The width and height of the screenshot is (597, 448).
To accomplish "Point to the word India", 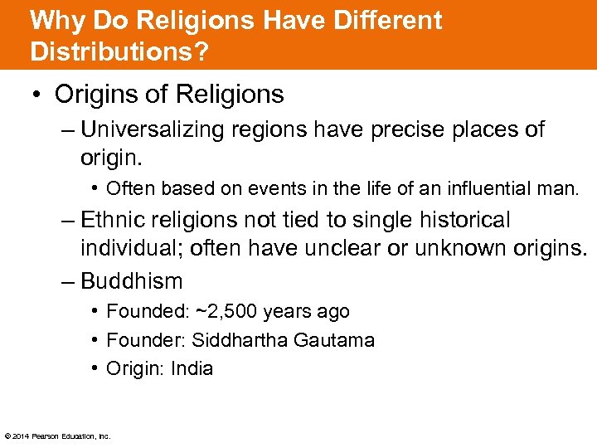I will pyautogui.click(x=192, y=368).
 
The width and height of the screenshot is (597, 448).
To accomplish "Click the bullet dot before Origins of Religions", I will pyautogui.click(x=39, y=95).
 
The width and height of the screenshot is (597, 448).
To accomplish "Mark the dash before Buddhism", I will pyautogui.click(x=68, y=280).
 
